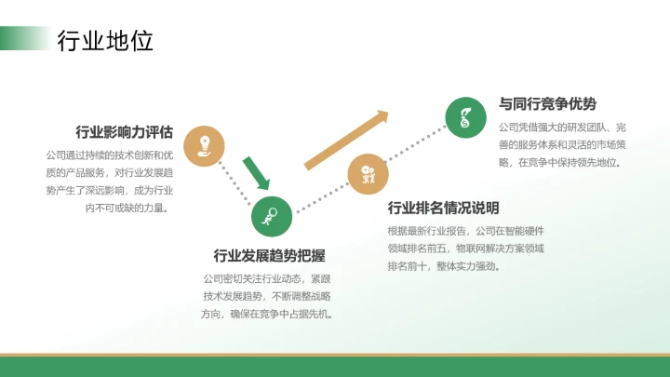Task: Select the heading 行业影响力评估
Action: [124, 131]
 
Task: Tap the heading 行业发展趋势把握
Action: [269, 255]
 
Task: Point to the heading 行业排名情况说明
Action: [443, 208]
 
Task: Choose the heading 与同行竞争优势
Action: [547, 103]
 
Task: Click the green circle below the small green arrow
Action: [272, 216]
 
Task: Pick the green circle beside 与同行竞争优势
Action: [465, 116]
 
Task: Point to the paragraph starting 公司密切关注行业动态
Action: [267, 296]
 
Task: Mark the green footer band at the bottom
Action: [335, 367]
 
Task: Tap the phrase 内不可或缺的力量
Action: [127, 208]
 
